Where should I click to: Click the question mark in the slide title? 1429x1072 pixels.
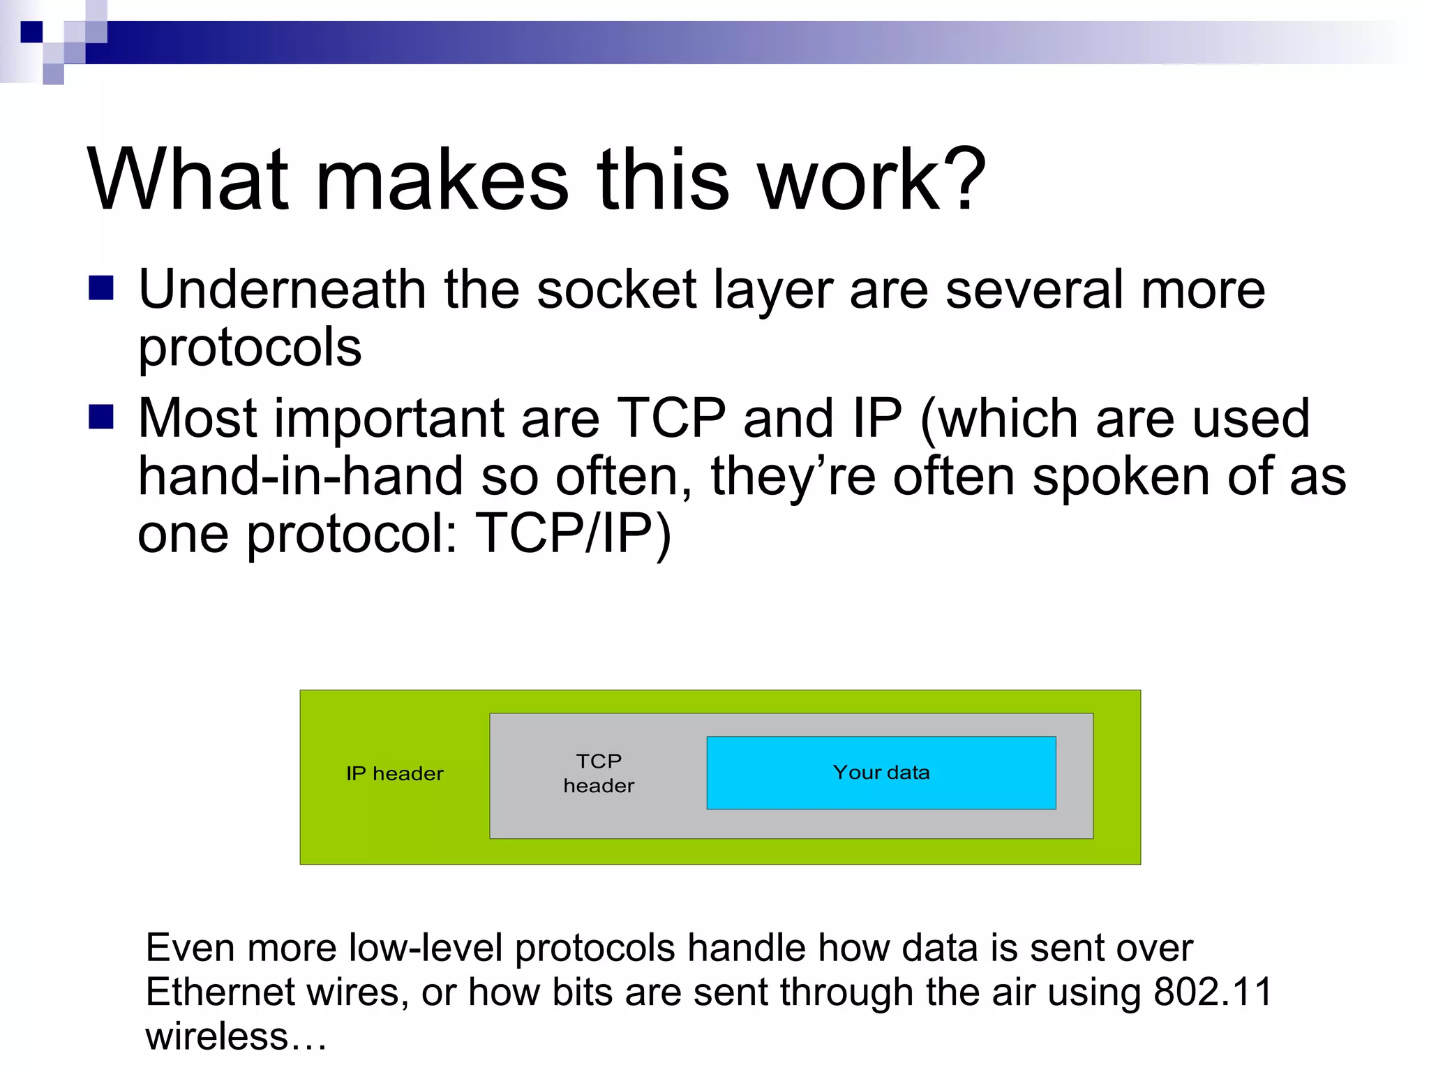tap(962, 179)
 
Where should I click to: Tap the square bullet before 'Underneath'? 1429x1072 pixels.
tap(101, 288)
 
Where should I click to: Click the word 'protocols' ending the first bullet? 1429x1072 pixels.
tap(250, 348)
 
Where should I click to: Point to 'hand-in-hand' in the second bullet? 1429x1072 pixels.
tap(300, 477)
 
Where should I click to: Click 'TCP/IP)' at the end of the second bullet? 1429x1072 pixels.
tap(572, 535)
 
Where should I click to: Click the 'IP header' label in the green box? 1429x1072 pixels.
tap(395, 774)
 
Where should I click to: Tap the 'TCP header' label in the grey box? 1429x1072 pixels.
tap(599, 773)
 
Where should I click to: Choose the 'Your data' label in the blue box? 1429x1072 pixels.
tap(881, 773)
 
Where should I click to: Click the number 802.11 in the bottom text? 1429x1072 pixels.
tap(1213, 992)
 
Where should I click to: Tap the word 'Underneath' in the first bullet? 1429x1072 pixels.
tap(282, 290)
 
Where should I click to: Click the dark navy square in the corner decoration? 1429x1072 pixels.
tap(31, 32)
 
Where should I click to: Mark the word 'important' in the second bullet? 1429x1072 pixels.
tap(389, 419)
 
